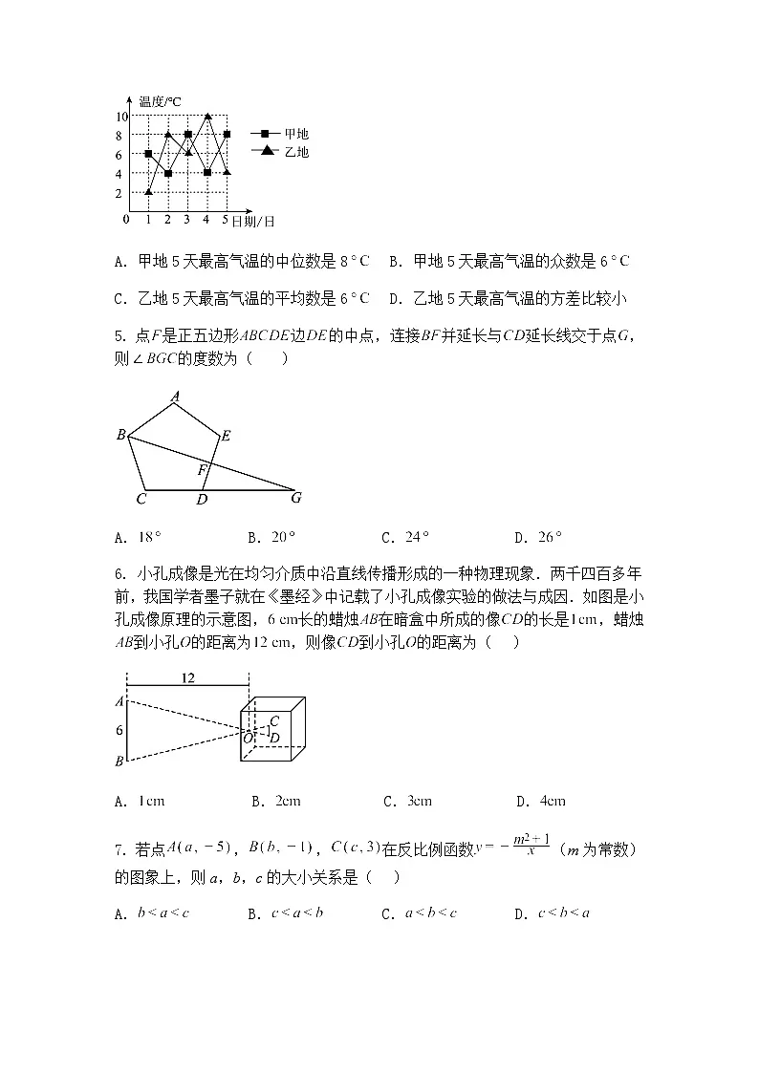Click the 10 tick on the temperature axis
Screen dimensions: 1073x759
click(121, 117)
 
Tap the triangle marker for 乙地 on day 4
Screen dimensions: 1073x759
click(207, 117)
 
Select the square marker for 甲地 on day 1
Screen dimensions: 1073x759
click(148, 154)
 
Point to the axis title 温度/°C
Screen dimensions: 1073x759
click(160, 101)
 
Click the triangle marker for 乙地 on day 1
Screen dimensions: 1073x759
click(148, 192)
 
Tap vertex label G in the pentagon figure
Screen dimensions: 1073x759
click(296, 497)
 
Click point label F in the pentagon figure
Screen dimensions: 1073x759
click(201, 470)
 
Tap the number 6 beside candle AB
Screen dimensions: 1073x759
click(119, 730)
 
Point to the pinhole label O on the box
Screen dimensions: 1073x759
click(247, 738)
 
